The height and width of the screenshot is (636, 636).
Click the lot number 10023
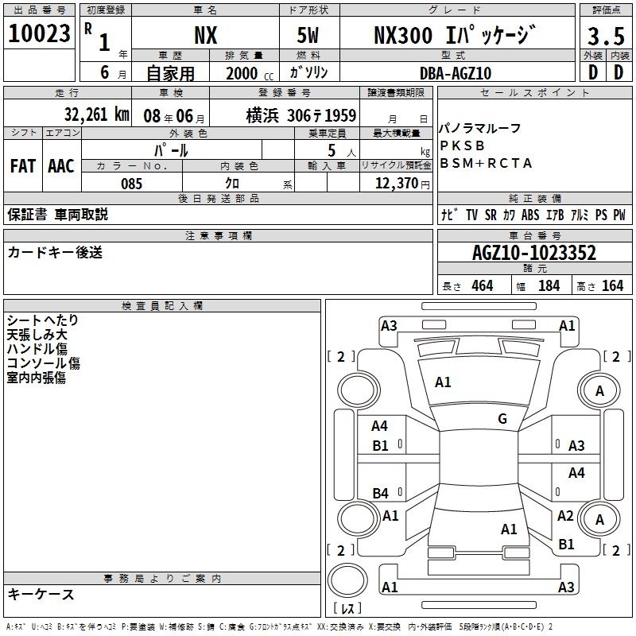[x=39, y=33]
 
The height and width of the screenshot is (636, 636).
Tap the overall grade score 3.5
[x=606, y=37]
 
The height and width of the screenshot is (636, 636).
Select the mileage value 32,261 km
[x=96, y=114]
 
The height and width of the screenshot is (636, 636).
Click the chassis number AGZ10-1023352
[x=534, y=253]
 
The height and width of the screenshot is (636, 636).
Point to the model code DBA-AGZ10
[x=456, y=73]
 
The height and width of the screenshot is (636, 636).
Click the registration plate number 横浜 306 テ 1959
[x=301, y=115]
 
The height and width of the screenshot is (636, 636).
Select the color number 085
[x=131, y=184]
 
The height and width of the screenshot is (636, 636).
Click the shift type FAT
[x=23, y=166]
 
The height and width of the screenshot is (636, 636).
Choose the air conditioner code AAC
[x=61, y=166]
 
